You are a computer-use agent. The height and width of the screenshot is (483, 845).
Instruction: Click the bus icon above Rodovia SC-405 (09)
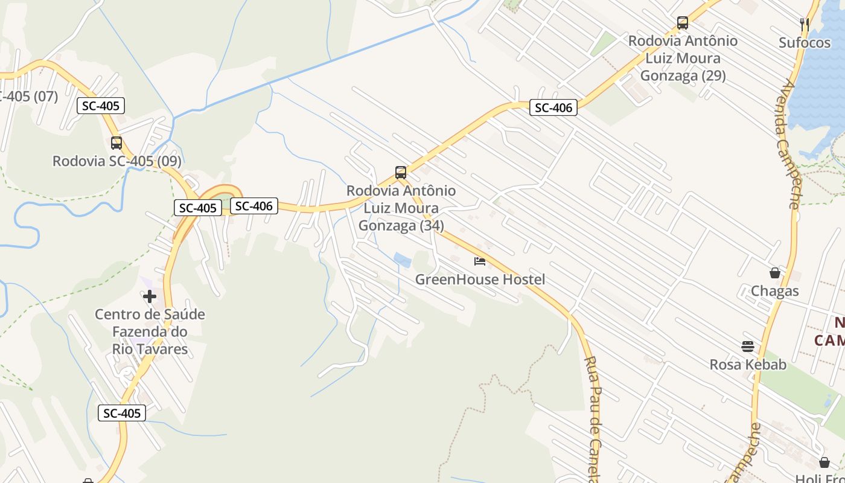click(x=116, y=143)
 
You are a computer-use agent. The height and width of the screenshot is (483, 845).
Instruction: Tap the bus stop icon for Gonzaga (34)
click(x=401, y=173)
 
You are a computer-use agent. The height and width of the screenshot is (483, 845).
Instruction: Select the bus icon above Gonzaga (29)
click(x=683, y=23)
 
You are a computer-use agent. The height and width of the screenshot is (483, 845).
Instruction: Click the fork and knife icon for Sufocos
click(x=805, y=24)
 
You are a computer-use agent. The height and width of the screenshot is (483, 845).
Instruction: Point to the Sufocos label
click(x=805, y=43)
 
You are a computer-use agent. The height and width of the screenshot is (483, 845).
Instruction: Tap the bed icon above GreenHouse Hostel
click(x=480, y=261)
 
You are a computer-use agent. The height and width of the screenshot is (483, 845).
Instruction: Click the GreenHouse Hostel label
click(x=480, y=280)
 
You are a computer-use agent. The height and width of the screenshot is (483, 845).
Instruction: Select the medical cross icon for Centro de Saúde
click(x=150, y=296)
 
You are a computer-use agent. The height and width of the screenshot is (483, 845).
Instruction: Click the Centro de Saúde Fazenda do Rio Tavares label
click(x=150, y=331)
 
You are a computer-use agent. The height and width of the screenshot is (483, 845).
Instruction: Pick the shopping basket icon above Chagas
click(x=775, y=273)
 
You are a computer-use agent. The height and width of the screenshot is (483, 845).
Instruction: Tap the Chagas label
click(x=775, y=292)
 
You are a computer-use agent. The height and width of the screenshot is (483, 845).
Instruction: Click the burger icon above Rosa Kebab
click(x=748, y=347)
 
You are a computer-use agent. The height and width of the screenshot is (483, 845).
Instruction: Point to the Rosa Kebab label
click(x=748, y=365)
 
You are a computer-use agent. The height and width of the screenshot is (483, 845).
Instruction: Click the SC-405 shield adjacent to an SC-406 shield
click(x=198, y=208)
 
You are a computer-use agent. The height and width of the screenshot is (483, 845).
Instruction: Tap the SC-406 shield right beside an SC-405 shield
click(x=254, y=206)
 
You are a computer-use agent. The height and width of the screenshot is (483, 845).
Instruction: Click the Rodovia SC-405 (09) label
click(x=116, y=161)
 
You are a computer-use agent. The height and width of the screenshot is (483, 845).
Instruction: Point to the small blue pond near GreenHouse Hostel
click(x=403, y=260)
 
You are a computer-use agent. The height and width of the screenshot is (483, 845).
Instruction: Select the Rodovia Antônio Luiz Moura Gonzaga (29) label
click(x=683, y=58)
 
